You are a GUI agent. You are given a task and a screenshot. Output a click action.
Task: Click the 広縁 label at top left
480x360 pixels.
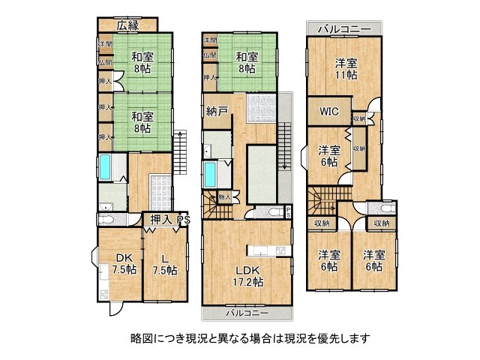[128, 25]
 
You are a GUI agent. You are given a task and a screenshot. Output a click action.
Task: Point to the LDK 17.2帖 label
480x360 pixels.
[247, 274]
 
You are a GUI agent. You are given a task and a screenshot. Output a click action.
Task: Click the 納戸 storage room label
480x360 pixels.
[217, 112]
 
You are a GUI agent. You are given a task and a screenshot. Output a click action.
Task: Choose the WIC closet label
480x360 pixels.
[329, 112]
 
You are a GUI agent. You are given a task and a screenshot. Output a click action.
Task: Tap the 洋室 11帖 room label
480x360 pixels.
[346, 69]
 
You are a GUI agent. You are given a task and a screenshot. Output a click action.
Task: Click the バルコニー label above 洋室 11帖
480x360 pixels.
[344, 28]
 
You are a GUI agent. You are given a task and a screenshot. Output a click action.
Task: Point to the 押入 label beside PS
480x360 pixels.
[160, 220]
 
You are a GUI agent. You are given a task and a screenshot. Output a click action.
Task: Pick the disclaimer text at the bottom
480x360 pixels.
[240, 338]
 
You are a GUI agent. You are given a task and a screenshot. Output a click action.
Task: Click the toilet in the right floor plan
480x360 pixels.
[387, 209]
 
